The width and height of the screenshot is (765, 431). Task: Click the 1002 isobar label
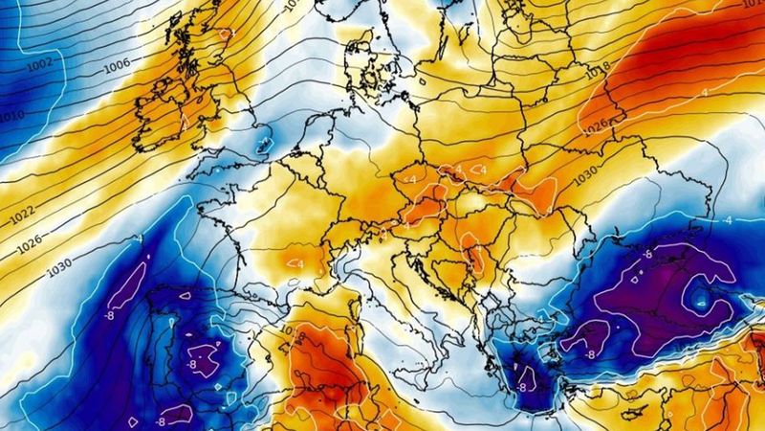(40, 63)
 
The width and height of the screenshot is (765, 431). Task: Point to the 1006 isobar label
(116, 67)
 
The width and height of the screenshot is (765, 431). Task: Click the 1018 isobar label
(598, 68)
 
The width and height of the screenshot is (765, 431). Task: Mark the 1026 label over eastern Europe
(596, 125)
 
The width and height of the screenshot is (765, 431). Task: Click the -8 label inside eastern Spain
(193, 364)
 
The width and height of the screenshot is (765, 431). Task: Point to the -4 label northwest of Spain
(140, 237)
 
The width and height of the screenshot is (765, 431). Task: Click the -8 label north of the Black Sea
(647, 256)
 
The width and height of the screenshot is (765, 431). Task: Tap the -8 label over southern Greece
(523, 388)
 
